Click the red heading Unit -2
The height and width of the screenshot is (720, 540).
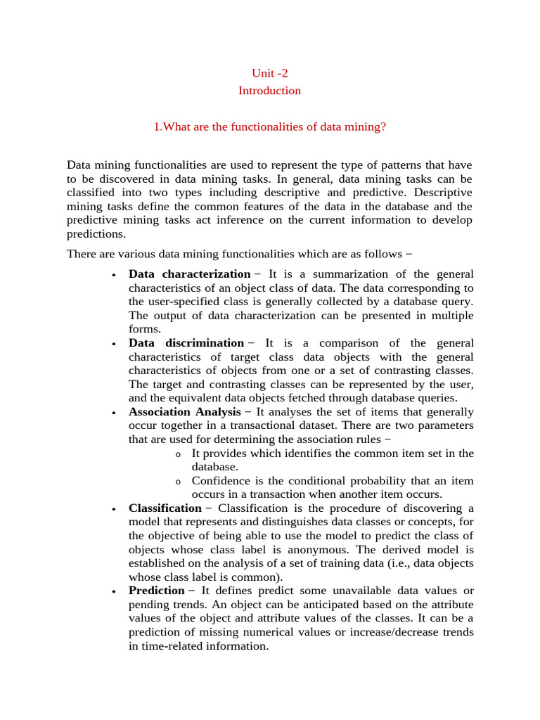(x=269, y=72)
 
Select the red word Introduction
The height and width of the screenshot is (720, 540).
(x=269, y=91)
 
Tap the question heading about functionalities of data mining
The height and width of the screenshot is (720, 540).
(x=270, y=127)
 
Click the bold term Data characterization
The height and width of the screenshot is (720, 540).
(x=189, y=274)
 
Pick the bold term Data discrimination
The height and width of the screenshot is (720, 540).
(x=186, y=343)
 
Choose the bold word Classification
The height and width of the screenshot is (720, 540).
(x=165, y=508)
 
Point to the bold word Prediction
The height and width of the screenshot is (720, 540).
(x=156, y=591)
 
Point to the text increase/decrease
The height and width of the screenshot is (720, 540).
(x=386, y=632)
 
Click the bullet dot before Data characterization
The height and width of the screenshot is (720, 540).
(x=113, y=275)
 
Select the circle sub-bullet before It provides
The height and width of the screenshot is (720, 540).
(x=178, y=454)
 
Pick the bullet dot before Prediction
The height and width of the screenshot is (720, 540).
(x=113, y=591)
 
